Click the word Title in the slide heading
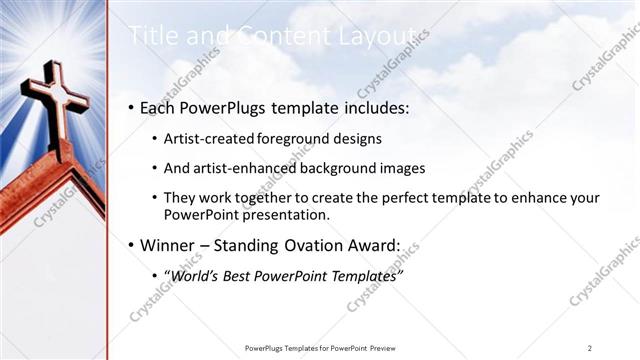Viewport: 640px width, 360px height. point(150,35)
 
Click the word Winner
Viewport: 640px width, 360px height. point(171,244)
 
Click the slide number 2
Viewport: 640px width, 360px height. point(590,347)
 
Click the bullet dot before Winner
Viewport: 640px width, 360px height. point(132,245)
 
